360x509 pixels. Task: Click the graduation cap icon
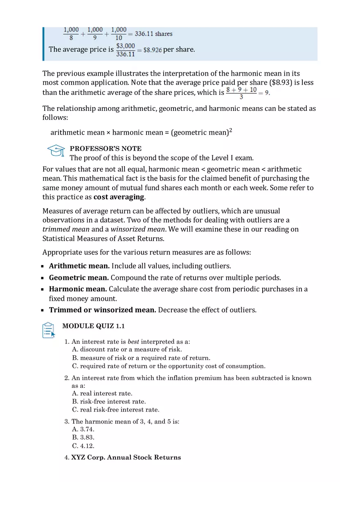pos(56,151)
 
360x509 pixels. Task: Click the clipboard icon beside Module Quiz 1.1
pos(48,330)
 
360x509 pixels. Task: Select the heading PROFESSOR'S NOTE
pos(106,149)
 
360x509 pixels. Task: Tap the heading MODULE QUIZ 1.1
pos(93,326)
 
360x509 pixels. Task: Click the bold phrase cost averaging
pos(119,197)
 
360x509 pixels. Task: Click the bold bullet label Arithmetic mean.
pos(79,266)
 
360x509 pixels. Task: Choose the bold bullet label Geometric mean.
pos(79,278)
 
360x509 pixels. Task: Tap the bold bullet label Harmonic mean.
pos(78,289)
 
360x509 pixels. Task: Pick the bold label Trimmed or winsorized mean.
pos(102,310)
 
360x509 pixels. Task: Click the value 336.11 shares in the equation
pos(153,34)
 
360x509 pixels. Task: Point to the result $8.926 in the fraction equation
pos(153,50)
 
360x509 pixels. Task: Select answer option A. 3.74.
pos(83,429)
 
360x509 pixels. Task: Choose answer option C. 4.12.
pos(83,446)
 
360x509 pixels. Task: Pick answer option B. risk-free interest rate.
pos(109,401)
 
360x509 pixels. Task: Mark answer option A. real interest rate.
pos(102,393)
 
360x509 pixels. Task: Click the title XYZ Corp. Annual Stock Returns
pos(126,457)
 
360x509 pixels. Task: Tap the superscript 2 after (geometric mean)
pos(231,130)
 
